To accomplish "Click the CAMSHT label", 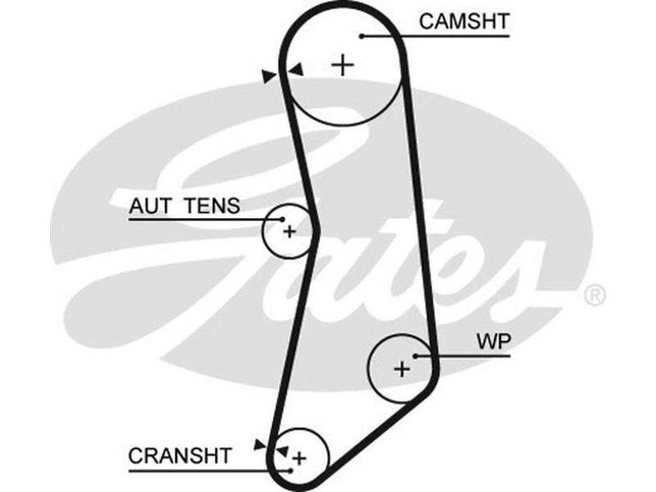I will pos(463,21).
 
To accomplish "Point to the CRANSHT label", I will pos(180,455).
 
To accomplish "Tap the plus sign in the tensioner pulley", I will pos(289,232).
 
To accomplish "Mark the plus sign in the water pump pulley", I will pos(401,369).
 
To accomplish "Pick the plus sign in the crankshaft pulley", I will pos(299,458).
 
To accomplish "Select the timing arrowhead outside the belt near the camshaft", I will pos(269,76).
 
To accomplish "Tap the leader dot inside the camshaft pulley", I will pos(361,35).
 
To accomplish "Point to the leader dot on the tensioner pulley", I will pos(282,219).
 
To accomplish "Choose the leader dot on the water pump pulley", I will pos(417,356).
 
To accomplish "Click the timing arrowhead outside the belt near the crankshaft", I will pos(261,444).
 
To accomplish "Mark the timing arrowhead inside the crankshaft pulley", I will pos(281,450).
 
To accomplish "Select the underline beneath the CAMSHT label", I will pos(435,35).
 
